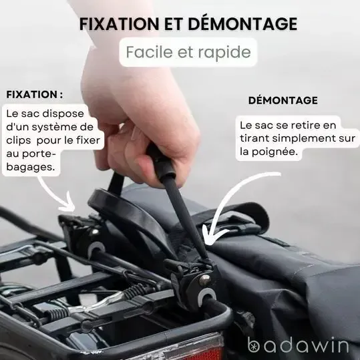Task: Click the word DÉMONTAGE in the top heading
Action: [242, 23]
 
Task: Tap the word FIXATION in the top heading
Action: [119, 24]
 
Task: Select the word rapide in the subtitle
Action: [224, 52]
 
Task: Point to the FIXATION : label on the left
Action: [35, 94]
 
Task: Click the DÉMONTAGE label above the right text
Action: [283, 100]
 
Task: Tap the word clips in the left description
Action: [19, 140]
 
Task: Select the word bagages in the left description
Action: [31, 167]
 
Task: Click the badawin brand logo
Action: [298, 345]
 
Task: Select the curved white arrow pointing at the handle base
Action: [230, 201]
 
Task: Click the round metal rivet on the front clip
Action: [204, 280]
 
